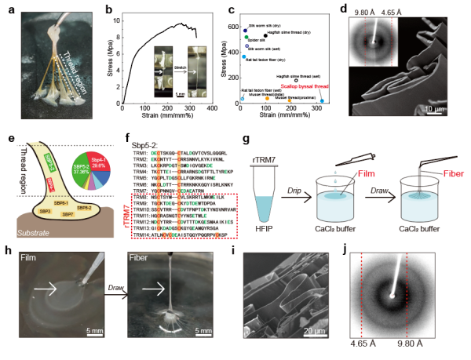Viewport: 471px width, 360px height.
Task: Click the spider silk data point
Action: pyautogui.click(x=247, y=37)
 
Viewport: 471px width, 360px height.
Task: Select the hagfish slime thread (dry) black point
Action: pyautogui.click(x=266, y=35)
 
